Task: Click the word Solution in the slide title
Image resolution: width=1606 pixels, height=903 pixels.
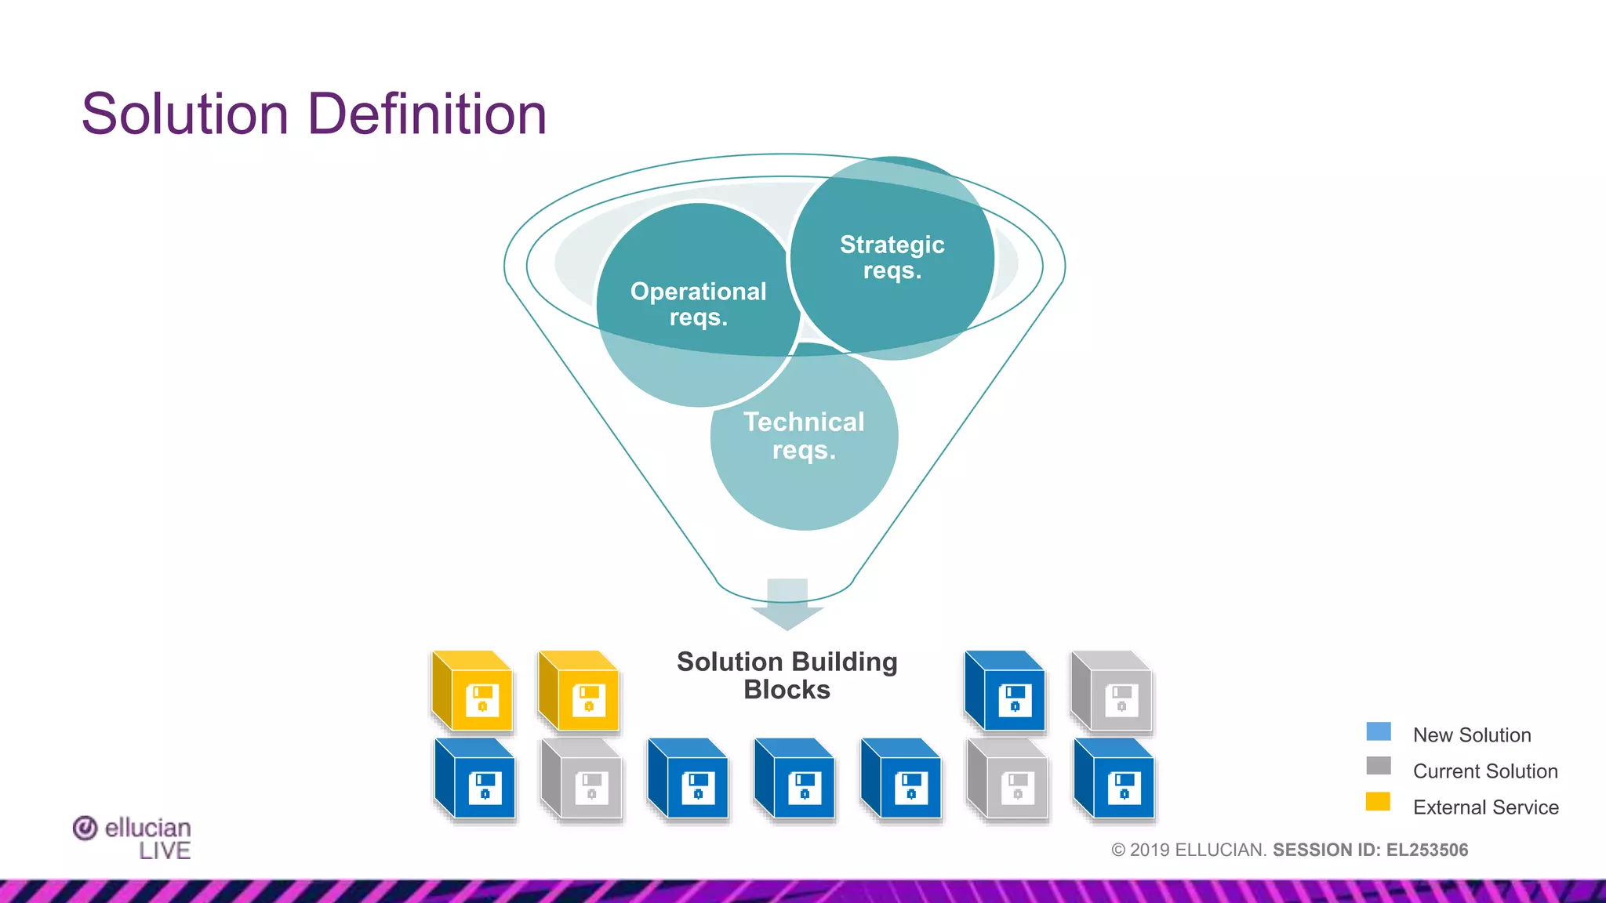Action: click(x=185, y=114)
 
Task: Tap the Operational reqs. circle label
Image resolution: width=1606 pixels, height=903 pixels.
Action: click(x=698, y=304)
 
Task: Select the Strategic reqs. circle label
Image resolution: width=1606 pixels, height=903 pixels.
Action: click(x=892, y=257)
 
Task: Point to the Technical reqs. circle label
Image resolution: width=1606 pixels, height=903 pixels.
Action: click(x=804, y=436)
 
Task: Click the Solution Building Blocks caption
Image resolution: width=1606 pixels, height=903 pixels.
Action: click(x=787, y=676)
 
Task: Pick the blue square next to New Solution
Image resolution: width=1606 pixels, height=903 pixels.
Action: click(x=1378, y=732)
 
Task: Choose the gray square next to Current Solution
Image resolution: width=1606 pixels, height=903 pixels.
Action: click(x=1378, y=766)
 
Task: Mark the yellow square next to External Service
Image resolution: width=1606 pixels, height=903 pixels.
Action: click(x=1378, y=802)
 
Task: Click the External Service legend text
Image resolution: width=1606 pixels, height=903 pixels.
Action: click(x=1485, y=807)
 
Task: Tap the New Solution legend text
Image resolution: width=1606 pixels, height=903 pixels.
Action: click(x=1471, y=735)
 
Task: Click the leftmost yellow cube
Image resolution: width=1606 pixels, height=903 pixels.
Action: click(x=473, y=691)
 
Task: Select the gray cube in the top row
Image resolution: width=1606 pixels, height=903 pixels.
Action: click(x=1111, y=691)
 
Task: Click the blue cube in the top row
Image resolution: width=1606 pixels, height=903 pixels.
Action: click(x=1005, y=691)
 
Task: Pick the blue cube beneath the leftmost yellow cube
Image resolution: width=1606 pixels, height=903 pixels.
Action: click(x=475, y=779)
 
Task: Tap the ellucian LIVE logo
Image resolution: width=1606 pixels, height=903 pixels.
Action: click(x=133, y=838)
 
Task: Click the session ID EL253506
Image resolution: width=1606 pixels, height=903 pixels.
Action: click(x=1426, y=850)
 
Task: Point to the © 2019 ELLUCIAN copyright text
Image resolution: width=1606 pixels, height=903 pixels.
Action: click(x=1188, y=850)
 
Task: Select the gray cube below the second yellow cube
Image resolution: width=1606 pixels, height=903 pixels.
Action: click(x=581, y=779)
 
